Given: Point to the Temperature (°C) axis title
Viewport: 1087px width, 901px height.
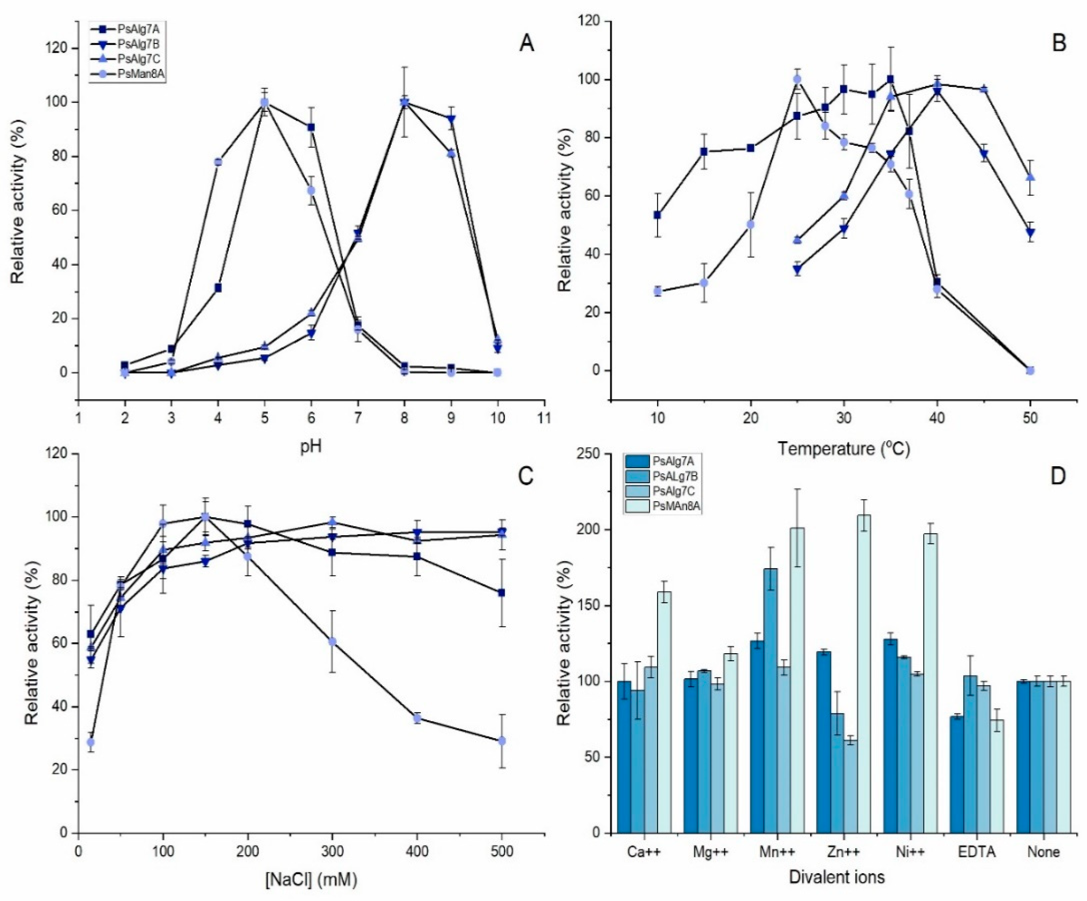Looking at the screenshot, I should [844, 449].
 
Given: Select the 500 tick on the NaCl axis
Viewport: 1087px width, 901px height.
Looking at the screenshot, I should [501, 851].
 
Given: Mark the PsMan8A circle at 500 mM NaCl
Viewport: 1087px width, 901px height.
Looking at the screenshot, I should [501, 741].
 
